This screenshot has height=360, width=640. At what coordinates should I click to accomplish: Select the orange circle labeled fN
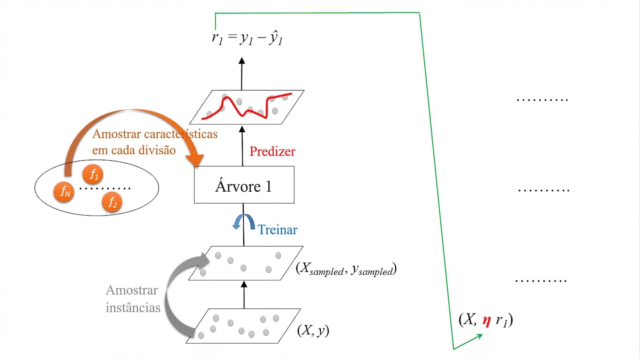click(63, 191)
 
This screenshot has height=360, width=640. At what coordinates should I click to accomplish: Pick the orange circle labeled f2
click(112, 202)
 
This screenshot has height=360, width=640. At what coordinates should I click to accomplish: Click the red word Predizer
click(272, 151)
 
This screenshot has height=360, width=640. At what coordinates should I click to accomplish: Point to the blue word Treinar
click(278, 230)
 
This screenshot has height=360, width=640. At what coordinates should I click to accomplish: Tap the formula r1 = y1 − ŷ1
click(247, 39)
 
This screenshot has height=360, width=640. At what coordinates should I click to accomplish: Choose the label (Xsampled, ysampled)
click(346, 269)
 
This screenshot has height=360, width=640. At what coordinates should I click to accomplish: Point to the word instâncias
click(133, 308)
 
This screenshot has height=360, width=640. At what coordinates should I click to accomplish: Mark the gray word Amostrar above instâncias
click(132, 290)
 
